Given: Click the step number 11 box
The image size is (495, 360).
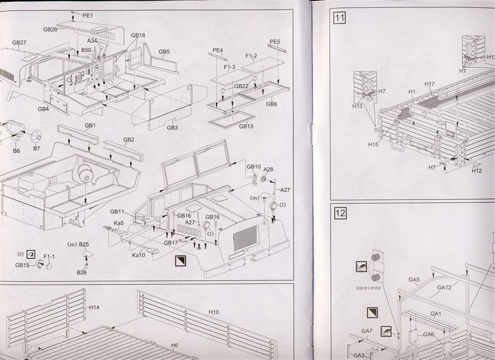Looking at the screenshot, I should (x=339, y=18).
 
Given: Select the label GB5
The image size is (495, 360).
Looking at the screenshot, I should (x=164, y=52).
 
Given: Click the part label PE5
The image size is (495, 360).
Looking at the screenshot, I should (x=275, y=42).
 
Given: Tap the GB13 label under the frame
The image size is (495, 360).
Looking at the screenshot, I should (x=246, y=126).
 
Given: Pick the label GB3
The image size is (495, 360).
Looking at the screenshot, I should (x=173, y=128).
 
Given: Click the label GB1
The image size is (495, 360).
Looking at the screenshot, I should (x=91, y=126).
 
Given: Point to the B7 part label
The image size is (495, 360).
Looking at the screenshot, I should (x=37, y=149).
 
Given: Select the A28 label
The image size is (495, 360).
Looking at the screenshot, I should (x=268, y=169).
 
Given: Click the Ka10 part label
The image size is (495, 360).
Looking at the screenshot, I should (x=139, y=255).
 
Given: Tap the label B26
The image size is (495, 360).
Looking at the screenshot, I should (x=82, y=272).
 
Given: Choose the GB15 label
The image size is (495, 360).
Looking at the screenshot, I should (x=23, y=265).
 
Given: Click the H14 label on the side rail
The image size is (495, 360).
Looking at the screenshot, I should (x=94, y=307).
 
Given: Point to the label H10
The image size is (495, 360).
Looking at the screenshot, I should (x=214, y=312).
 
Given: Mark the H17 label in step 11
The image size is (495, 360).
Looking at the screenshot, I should (x=429, y=84).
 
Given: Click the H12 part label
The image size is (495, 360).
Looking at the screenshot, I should (x=476, y=171).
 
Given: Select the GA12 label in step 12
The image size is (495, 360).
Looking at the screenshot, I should (x=444, y=287).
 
